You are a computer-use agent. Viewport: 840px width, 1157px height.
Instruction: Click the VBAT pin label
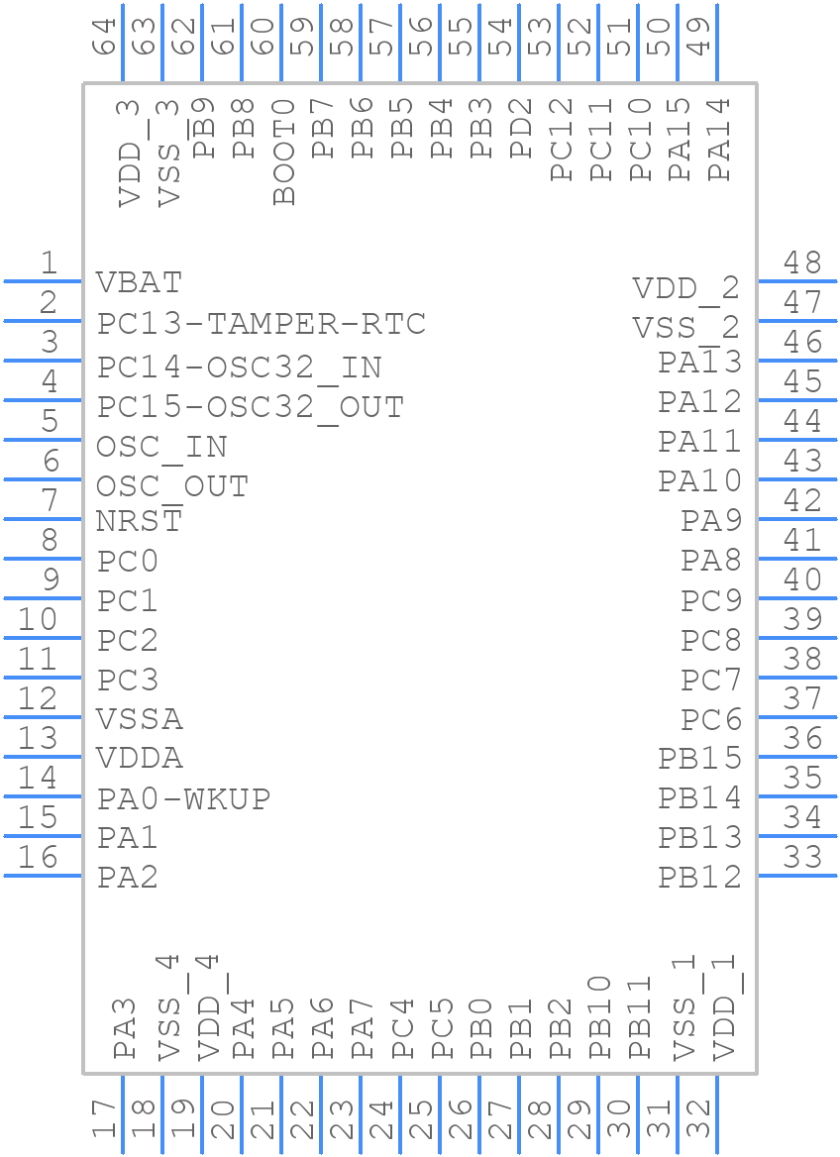139,282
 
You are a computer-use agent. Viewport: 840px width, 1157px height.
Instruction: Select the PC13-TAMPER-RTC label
262,324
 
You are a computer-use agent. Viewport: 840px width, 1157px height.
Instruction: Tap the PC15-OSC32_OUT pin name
251,407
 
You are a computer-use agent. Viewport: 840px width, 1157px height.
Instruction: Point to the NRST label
139,520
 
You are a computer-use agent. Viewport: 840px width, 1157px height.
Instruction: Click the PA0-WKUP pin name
183,798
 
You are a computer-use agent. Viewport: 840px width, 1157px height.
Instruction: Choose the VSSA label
139,718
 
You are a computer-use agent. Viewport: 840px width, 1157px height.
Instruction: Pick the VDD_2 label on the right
686,288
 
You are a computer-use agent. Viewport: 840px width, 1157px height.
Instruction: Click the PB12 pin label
699,877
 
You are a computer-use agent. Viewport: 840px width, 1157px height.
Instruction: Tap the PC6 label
711,719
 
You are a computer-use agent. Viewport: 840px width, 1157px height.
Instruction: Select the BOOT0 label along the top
285,152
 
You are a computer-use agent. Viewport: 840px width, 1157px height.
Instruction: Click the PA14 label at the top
720,139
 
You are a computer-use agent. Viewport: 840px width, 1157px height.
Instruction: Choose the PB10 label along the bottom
601,1018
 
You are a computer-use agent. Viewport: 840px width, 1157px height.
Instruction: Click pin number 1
48,263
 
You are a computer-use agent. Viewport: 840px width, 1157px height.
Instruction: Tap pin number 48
802,263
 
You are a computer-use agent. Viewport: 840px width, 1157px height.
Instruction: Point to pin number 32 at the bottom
699,1120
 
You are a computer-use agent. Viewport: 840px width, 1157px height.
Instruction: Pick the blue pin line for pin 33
797,876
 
